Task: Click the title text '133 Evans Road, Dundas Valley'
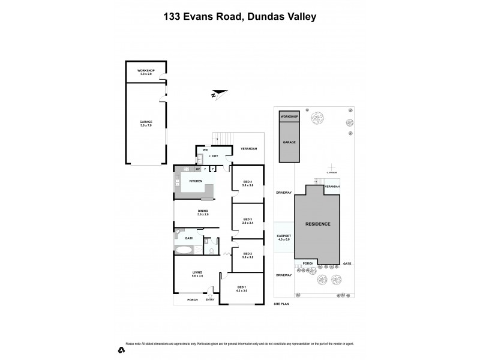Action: tap(239, 17)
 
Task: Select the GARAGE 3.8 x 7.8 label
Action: tap(146, 123)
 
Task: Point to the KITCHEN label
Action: tap(196, 181)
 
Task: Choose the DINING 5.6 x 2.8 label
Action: tap(202, 212)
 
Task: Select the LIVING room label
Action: tap(197, 274)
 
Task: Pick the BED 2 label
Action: tap(248, 255)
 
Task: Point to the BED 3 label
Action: tap(248, 221)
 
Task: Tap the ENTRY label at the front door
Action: tap(209, 299)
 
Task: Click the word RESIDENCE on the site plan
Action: tap(318, 224)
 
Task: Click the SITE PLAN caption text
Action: tap(282, 304)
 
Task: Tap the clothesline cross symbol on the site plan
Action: tap(329, 167)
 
